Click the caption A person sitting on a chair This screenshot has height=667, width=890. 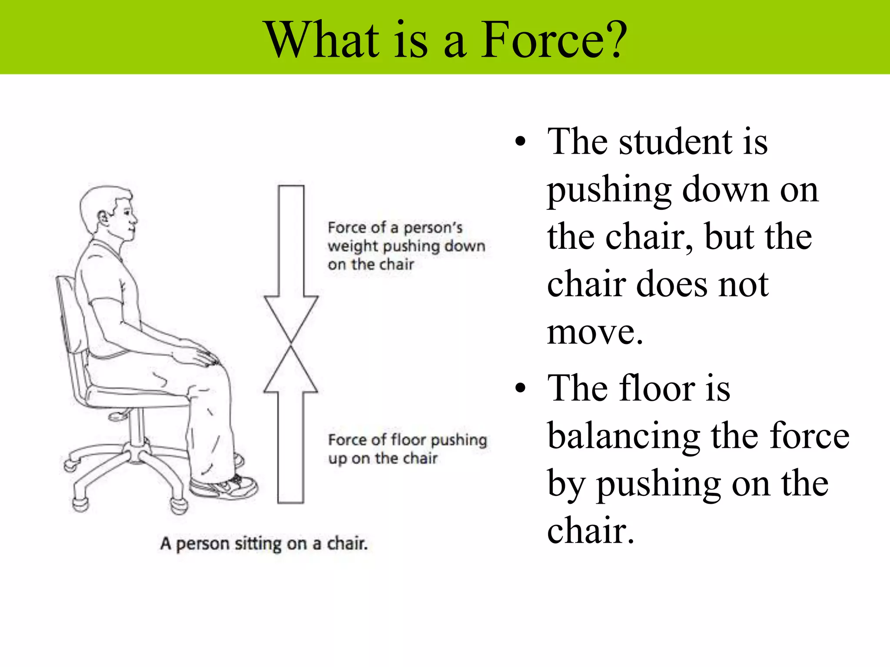[264, 544]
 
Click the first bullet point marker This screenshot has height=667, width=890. [520, 142]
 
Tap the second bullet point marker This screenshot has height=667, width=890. [520, 388]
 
